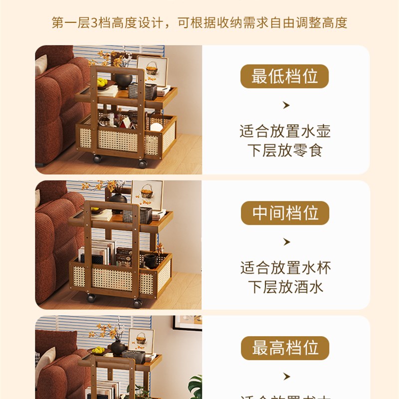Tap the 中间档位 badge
point(285,213)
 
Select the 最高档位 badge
point(285,348)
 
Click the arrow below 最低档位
point(286,105)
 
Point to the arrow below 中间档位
point(286,242)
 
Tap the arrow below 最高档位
point(286,376)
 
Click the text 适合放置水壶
point(285,132)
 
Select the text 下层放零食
point(285,150)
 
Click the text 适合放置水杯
point(285,268)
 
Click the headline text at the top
point(199,23)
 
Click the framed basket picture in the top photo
point(152,70)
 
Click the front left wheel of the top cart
point(97,159)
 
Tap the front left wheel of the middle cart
point(92,298)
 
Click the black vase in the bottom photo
point(118,347)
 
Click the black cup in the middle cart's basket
point(150,260)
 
